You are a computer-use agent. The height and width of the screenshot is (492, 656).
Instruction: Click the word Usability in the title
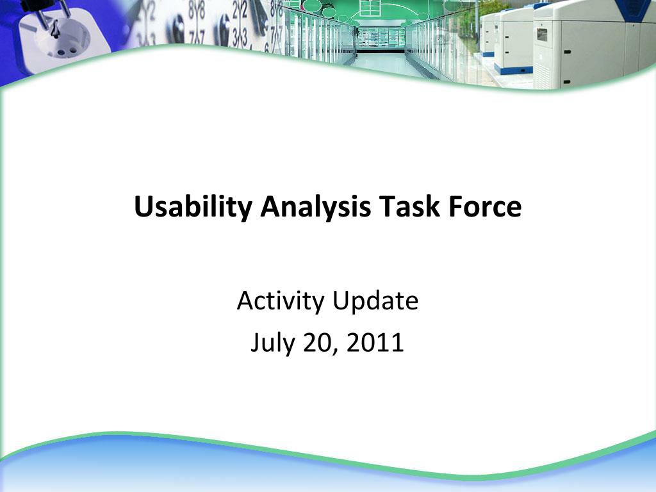click(x=193, y=207)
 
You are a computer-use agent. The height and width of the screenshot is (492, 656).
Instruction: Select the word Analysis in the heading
click(x=315, y=207)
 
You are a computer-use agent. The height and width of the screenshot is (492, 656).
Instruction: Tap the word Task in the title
click(x=409, y=206)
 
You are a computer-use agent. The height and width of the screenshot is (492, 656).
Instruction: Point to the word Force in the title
click(x=485, y=206)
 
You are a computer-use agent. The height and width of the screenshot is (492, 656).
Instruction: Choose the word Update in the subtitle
click(x=375, y=301)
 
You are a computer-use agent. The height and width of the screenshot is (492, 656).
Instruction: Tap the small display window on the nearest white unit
click(x=542, y=35)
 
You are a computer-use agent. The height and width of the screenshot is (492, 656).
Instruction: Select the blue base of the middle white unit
click(x=513, y=69)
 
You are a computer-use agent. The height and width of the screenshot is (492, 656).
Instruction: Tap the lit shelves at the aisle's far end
click(x=381, y=38)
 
